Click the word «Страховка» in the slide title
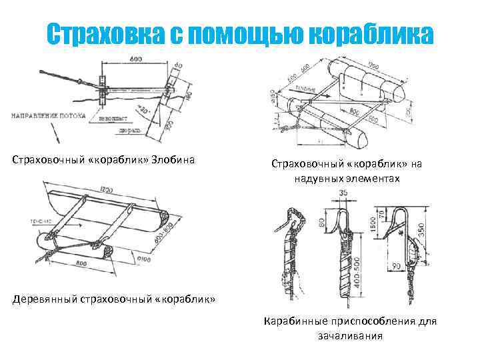coord(107,35)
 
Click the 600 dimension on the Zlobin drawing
coord(137,59)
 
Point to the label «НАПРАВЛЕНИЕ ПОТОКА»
coord(48,115)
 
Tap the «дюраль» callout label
coord(129,133)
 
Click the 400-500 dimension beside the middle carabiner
coord(361,270)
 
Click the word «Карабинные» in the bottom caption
coord(294,321)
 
